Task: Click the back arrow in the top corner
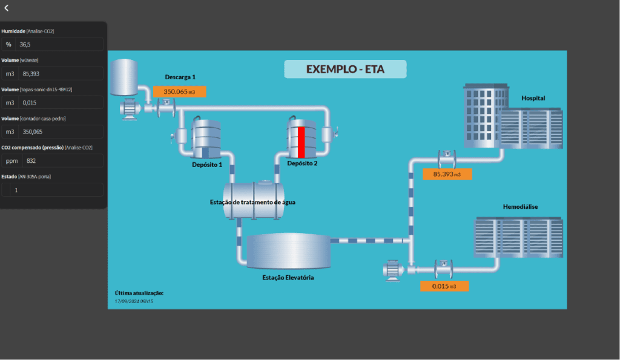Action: (6, 8)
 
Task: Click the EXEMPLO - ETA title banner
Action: (345, 69)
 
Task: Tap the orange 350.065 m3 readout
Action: (179, 92)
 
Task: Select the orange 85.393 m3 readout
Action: (447, 174)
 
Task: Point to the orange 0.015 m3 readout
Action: (444, 286)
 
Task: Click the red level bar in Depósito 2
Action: (302, 142)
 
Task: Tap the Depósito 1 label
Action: (207, 165)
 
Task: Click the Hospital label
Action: (533, 98)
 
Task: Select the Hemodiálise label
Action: (520, 207)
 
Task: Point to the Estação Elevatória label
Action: (288, 277)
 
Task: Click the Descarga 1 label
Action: (180, 77)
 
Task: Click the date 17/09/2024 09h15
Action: (134, 301)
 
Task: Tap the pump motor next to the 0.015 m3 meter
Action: (392, 270)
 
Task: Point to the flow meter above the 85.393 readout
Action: (447, 159)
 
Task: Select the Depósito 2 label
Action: (302, 163)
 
